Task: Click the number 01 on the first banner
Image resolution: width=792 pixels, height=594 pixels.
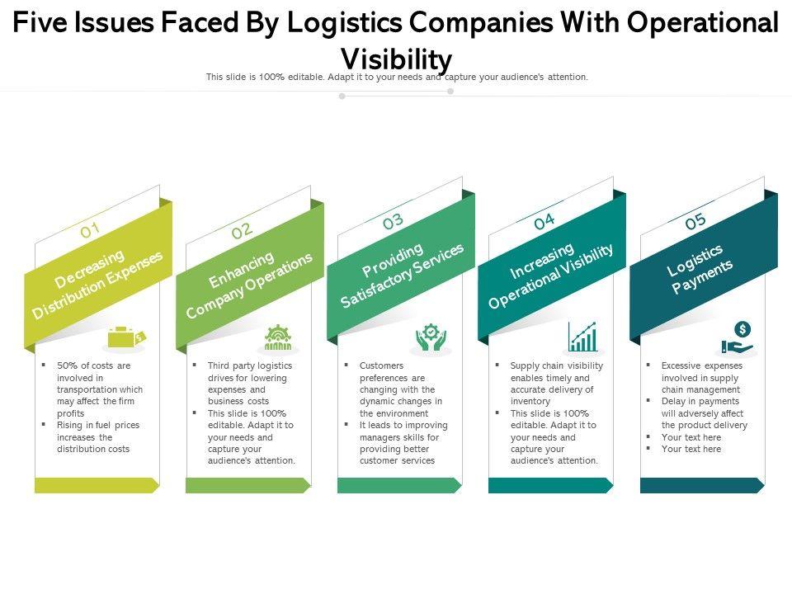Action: point(90,230)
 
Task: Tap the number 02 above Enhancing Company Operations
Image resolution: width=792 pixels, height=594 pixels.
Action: point(242,230)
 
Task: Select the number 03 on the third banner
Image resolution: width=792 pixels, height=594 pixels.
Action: point(393,221)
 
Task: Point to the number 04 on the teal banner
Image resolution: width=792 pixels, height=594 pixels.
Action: point(544,221)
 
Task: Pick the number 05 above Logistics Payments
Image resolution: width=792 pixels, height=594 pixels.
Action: point(695,221)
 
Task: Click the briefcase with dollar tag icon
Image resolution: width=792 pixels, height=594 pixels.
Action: point(125,337)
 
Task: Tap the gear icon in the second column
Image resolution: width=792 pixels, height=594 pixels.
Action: point(278,338)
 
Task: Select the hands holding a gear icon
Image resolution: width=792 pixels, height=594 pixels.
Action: point(430,337)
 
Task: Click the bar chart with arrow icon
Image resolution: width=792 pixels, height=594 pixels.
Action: point(582,337)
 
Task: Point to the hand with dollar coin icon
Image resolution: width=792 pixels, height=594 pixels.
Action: point(736,338)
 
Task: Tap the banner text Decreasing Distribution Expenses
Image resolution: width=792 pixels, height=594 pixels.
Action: point(97,283)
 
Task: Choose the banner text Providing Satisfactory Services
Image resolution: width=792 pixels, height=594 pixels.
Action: point(402,275)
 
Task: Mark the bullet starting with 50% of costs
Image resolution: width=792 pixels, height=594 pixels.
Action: point(99,389)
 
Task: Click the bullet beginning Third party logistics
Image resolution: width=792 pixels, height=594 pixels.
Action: point(251,384)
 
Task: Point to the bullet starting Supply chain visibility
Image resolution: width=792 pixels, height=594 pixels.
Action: point(556,384)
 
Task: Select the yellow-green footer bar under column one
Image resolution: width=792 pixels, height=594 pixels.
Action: point(96,486)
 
